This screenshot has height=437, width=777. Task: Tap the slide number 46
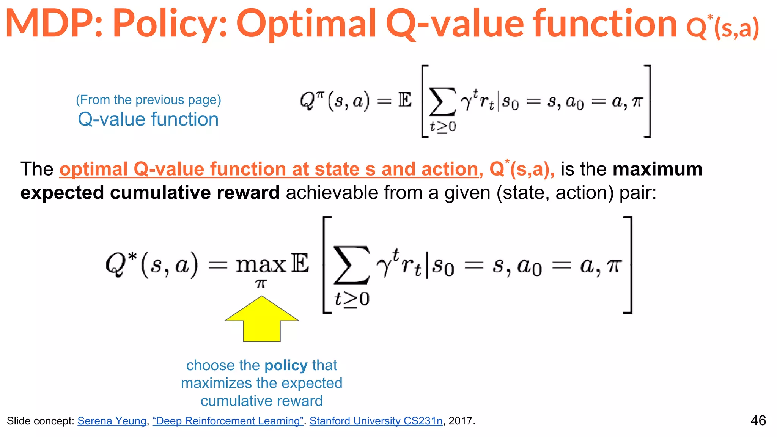pyautogui.click(x=758, y=420)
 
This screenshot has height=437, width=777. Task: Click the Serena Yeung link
pyautogui.click(x=112, y=421)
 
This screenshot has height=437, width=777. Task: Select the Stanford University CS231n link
pyautogui.click(x=376, y=421)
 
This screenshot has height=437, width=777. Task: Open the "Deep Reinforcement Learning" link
pyautogui.click(x=228, y=421)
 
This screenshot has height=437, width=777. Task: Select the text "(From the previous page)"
pyautogui.click(x=148, y=100)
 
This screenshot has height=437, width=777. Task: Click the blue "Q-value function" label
pyautogui.click(x=148, y=119)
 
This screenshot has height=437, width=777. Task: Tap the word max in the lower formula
pyautogui.click(x=261, y=265)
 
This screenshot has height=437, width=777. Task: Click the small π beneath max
pyautogui.click(x=261, y=284)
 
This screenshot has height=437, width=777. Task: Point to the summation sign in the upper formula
pyautogui.click(x=442, y=102)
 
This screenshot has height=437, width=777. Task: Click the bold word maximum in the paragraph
pyautogui.click(x=657, y=169)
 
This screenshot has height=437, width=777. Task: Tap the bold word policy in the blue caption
pyautogui.click(x=286, y=365)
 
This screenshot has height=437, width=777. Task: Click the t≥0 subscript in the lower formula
pyautogui.click(x=352, y=299)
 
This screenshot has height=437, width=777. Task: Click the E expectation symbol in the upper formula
pyautogui.click(x=405, y=101)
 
